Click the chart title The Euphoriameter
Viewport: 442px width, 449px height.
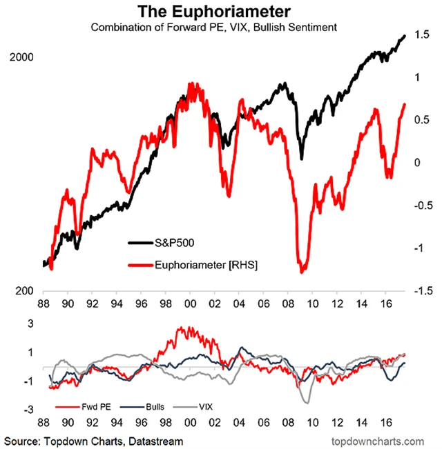click(220, 12)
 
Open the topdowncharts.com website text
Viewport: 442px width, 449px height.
click(376, 439)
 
